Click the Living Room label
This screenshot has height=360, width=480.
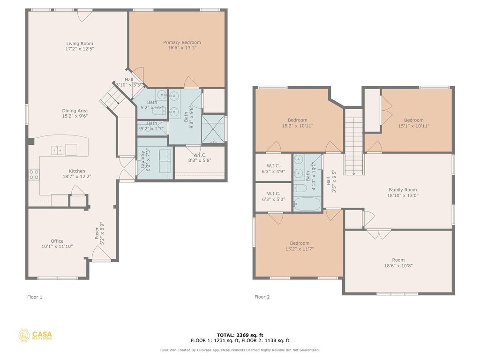80,44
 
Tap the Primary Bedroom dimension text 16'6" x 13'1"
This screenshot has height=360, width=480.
182,48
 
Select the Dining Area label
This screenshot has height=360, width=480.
75,111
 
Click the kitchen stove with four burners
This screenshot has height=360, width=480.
34,175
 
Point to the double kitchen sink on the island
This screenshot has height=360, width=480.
58,150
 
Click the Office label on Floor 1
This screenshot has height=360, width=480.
57,241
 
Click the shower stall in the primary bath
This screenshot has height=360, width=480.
213,128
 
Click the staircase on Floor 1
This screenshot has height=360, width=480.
111,95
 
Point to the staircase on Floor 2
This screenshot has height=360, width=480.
354,145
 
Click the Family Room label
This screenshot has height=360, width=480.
403,190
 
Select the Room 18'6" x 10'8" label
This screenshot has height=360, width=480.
398,260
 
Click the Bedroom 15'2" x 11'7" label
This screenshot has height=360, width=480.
300,243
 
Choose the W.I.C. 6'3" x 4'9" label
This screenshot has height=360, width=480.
273,165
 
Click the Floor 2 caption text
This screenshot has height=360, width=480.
262,297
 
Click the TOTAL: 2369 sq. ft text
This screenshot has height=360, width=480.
240,335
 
